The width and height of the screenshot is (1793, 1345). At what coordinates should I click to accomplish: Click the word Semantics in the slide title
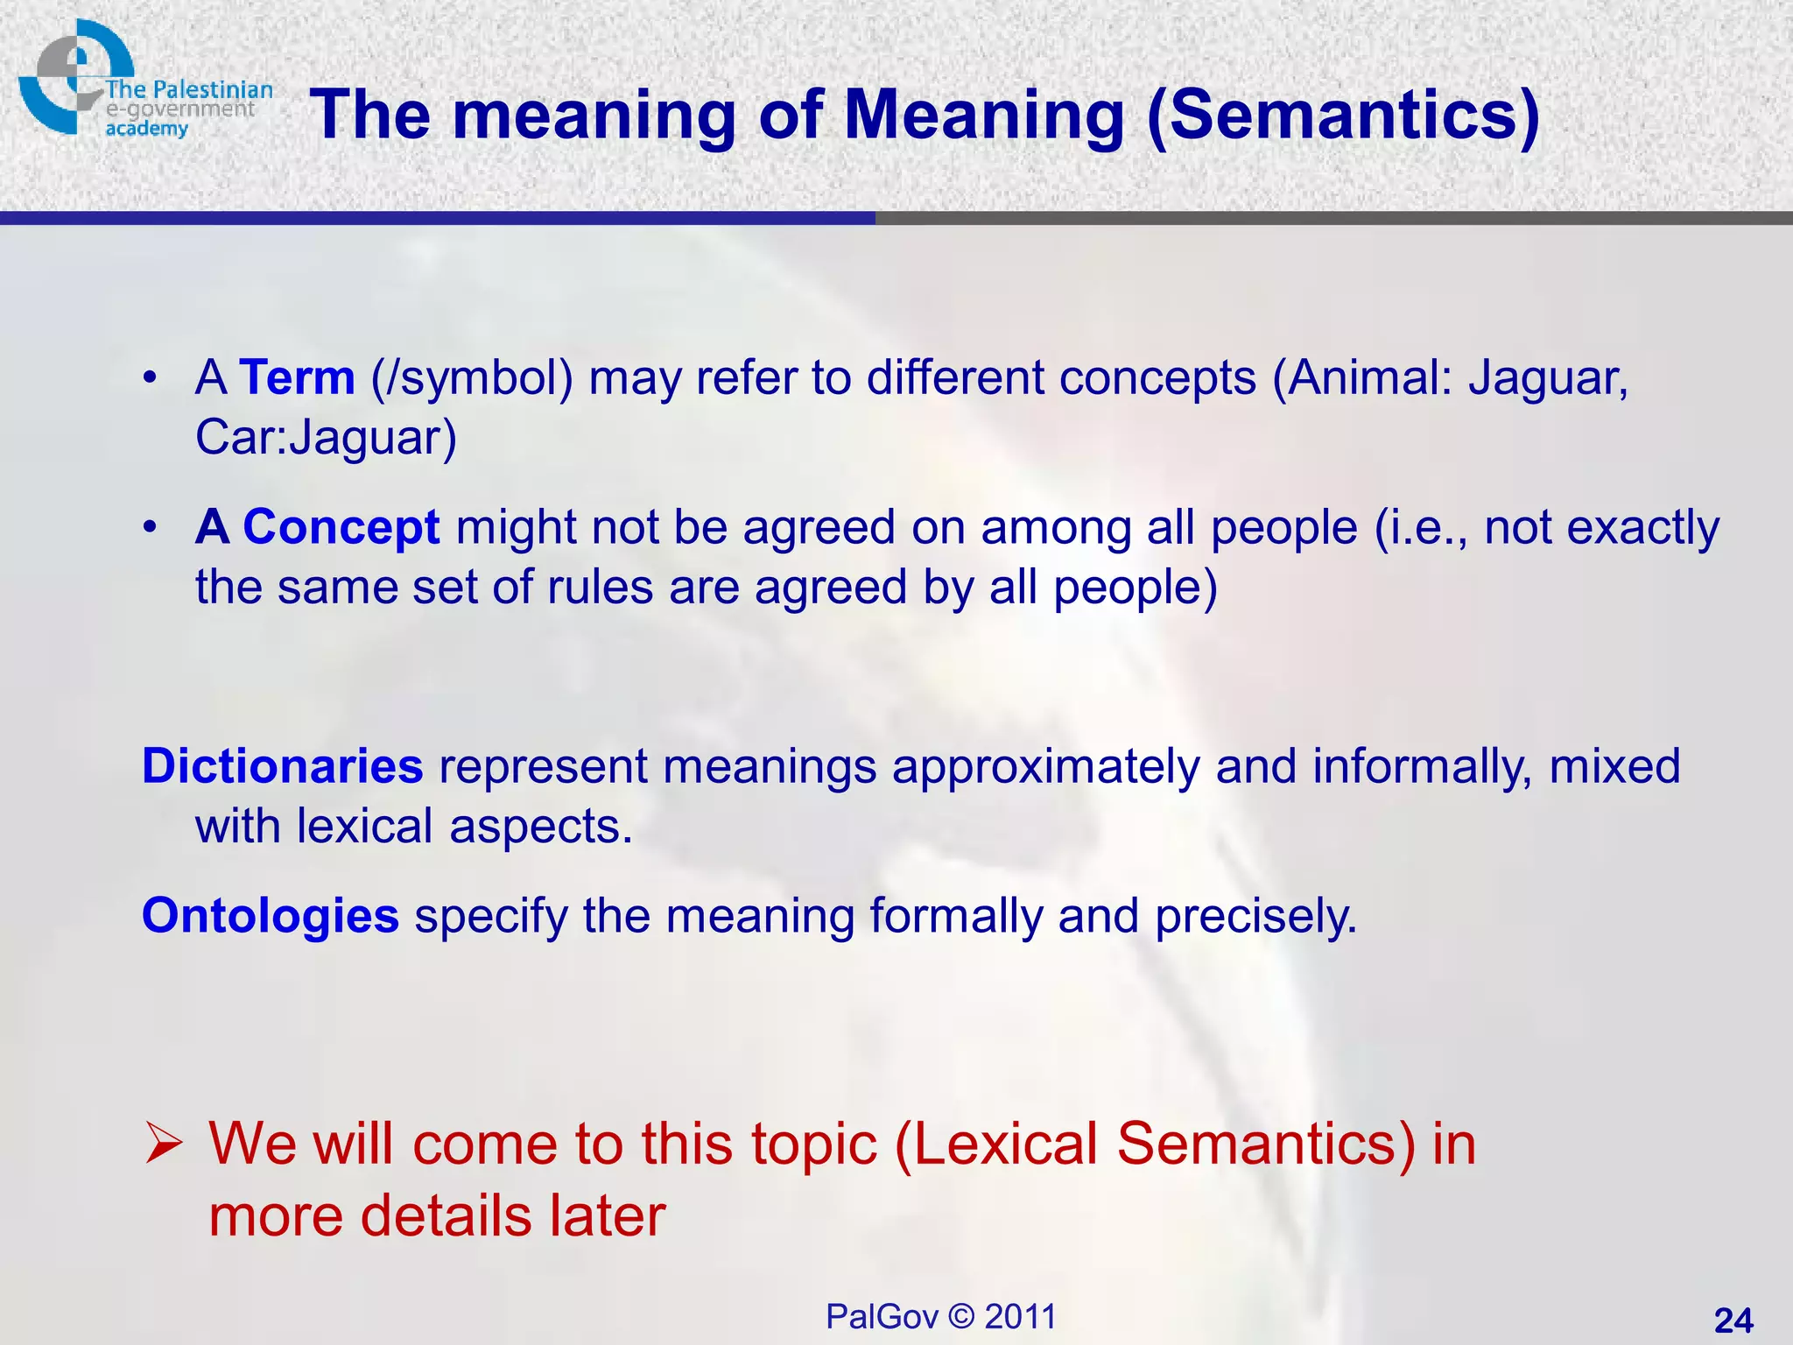[1341, 116]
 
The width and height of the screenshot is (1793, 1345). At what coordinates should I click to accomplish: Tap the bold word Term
[297, 378]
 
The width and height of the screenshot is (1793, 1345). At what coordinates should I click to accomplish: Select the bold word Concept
[341, 528]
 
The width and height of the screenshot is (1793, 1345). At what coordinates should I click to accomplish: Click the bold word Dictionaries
[282, 766]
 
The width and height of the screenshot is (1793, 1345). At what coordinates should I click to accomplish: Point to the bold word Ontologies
[271, 916]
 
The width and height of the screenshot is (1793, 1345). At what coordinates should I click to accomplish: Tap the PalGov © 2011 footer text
[941, 1317]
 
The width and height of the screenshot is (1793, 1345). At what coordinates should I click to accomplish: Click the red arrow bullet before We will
[163, 1145]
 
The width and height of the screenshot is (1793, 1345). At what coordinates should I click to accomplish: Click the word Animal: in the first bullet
[1362, 378]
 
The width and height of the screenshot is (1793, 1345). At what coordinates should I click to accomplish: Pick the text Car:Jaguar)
[326, 438]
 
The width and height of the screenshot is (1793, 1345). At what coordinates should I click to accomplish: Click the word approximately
[1045, 768]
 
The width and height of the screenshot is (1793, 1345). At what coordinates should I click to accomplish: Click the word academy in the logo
[146, 130]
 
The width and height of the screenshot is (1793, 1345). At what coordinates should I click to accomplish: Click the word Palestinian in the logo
[212, 89]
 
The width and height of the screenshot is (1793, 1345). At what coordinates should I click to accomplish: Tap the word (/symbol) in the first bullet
[472, 380]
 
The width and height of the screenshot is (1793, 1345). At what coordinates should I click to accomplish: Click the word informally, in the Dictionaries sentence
[1422, 768]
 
